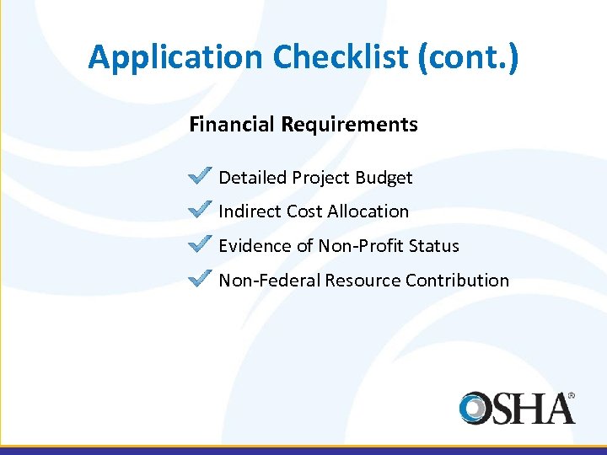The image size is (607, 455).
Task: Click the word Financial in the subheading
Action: [232, 125]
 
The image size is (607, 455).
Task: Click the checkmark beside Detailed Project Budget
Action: [200, 175]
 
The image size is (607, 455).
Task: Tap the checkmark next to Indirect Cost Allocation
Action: [200, 209]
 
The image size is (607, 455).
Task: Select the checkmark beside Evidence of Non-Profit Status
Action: [200, 244]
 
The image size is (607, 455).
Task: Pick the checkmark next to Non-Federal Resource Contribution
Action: [200, 278]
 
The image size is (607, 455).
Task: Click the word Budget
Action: [384, 178]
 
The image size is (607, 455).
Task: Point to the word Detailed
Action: [253, 178]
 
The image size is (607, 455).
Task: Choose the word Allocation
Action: [368, 211]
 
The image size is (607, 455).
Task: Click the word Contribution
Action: [457, 281]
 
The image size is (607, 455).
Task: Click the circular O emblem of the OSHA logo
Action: [476, 408]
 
